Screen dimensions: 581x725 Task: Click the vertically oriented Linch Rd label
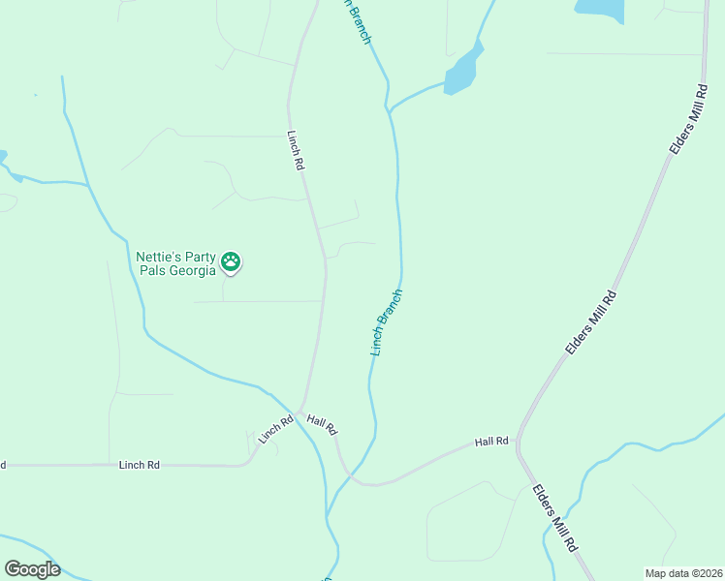296,151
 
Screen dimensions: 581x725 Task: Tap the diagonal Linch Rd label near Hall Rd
276,430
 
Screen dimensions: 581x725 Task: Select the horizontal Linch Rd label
139,465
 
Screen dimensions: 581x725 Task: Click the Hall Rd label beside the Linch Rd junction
322,423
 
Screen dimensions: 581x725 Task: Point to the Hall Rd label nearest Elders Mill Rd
491,442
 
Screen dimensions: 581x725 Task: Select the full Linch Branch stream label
386,321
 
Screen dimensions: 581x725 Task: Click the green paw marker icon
231,260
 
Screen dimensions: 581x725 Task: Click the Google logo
32,569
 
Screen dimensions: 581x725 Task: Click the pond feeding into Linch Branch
463,72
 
